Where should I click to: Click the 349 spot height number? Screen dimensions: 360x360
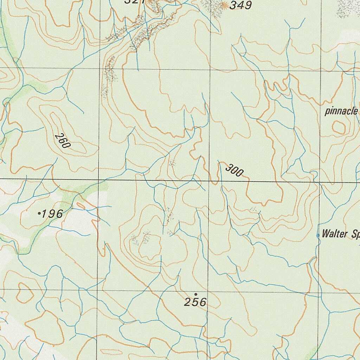click(x=241, y=5)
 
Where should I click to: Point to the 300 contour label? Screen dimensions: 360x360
click(x=234, y=170)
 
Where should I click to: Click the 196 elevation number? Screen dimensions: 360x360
click(x=52, y=214)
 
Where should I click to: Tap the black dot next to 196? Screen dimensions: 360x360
click(x=39, y=213)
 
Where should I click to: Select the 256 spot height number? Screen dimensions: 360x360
click(x=195, y=302)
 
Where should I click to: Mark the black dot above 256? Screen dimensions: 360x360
click(x=195, y=294)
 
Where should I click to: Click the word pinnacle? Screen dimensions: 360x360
click(x=341, y=112)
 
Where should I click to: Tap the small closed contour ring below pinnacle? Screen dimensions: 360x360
click(x=339, y=127)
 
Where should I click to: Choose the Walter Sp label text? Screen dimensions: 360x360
click(x=340, y=234)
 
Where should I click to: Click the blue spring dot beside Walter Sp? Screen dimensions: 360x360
click(x=319, y=235)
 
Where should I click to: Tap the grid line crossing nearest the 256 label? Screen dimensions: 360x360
click(x=208, y=291)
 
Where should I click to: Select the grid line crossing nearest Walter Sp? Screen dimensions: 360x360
click(x=319, y=183)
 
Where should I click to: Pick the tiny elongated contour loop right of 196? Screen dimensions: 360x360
click(x=81, y=205)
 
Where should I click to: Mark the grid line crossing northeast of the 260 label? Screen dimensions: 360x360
click(x=99, y=68)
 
